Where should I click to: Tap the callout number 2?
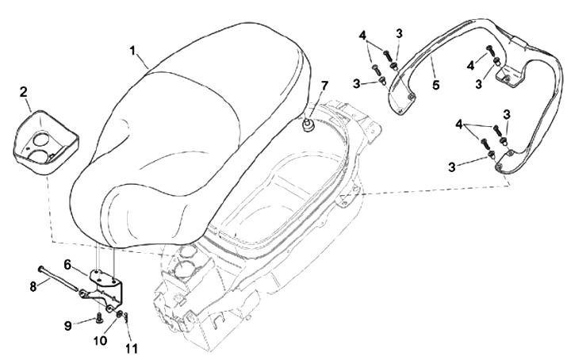click(x=25, y=93)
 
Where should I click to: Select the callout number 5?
click(x=435, y=82)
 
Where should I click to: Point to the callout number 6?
click(x=68, y=263)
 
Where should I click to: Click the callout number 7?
click(x=324, y=85)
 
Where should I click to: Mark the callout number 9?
click(x=68, y=324)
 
